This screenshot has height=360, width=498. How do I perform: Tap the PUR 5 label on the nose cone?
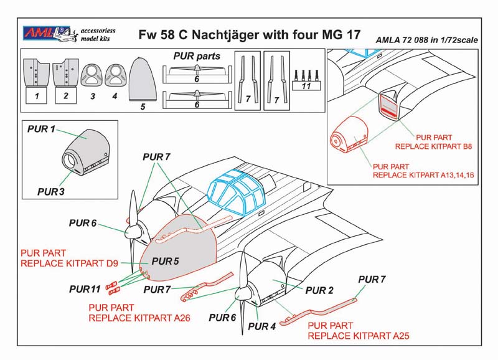tap(165, 261)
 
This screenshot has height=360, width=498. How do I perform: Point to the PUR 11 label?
tap(85, 289)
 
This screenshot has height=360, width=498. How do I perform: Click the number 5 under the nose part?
tap(143, 107)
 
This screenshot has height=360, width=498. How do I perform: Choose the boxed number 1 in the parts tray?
tap(37, 96)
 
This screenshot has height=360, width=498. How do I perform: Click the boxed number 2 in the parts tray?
tap(66, 95)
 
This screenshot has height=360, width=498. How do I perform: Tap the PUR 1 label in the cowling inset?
tap(41, 129)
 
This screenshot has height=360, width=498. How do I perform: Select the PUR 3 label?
tap(51, 192)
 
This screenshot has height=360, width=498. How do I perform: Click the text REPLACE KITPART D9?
tap(69, 263)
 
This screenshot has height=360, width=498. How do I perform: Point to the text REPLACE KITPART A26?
tap(139, 318)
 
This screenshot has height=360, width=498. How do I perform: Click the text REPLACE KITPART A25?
tap(359, 336)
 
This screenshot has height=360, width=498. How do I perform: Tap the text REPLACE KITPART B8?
tap(433, 146)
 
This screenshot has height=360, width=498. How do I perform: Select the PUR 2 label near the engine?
tap(319, 290)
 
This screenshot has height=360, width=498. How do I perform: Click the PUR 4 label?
tap(261, 326)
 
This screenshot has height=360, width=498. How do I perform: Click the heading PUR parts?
tap(197, 56)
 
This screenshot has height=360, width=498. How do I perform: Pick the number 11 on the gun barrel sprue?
tap(306, 86)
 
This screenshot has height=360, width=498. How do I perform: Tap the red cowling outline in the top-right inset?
tap(349, 135)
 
